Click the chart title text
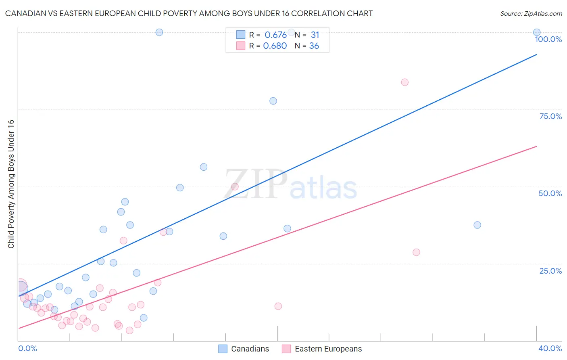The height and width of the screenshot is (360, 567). (189, 13)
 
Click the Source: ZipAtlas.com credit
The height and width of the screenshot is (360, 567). (531, 13)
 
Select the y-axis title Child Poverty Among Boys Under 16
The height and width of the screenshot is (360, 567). (11, 184)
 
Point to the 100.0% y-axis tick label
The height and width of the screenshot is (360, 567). (548, 39)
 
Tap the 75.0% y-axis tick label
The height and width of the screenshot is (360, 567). (550, 116)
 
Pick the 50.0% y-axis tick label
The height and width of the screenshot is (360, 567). (550, 193)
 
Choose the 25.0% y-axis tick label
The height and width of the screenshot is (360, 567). (550, 271)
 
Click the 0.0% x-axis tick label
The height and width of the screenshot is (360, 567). (27, 348)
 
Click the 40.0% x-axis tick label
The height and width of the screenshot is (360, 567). (550, 348)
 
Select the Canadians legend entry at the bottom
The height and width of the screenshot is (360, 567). (244, 349)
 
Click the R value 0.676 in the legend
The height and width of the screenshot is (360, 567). (275, 35)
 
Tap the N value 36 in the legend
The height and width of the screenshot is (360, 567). (314, 46)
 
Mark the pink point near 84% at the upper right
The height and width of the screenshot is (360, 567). (404, 82)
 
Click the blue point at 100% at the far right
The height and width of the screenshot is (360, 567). (537, 32)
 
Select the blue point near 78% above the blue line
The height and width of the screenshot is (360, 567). (273, 101)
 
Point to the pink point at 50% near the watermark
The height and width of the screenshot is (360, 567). (235, 186)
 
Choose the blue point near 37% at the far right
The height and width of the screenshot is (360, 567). (477, 225)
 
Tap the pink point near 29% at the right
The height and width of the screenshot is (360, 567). (416, 252)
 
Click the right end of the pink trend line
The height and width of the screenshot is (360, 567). (537, 146)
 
